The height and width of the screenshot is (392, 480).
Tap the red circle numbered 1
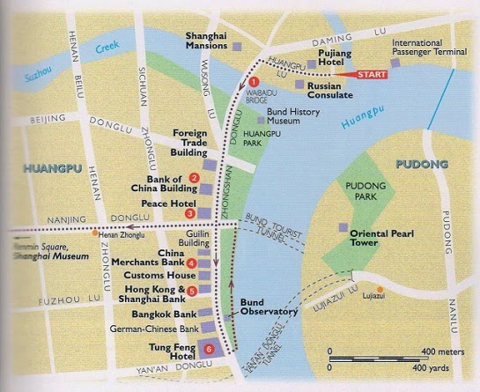(255, 82)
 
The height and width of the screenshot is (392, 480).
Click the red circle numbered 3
(190, 213)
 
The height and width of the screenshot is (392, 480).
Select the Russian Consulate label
(340, 91)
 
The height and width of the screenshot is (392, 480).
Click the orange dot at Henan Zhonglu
(94, 233)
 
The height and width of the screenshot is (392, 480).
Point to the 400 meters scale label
(439, 350)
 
